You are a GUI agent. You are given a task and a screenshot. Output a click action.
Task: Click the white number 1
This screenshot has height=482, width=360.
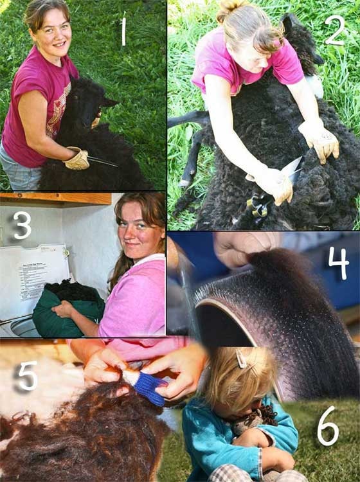(x=123, y=29)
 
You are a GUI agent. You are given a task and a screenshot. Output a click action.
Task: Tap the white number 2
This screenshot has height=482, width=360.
(x=335, y=30)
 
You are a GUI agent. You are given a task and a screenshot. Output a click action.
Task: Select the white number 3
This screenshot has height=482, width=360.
(x=22, y=226)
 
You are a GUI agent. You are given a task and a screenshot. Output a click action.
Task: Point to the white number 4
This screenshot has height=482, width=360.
(x=339, y=263)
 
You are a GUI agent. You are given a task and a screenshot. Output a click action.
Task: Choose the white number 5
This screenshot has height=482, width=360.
(x=28, y=376)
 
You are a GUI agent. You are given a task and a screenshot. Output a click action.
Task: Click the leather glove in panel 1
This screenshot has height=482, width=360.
(x=77, y=158)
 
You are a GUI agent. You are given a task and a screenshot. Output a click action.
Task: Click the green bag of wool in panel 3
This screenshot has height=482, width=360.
(x=68, y=310)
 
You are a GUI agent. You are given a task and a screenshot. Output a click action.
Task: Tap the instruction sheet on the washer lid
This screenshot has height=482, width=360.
(x=33, y=280)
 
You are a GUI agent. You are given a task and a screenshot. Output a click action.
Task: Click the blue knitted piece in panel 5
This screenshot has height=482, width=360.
(x=150, y=388)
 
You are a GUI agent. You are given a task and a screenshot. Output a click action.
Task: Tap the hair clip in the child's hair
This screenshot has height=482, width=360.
(x=241, y=359)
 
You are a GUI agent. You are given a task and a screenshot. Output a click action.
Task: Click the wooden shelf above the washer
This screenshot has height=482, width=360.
(x=55, y=199)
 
